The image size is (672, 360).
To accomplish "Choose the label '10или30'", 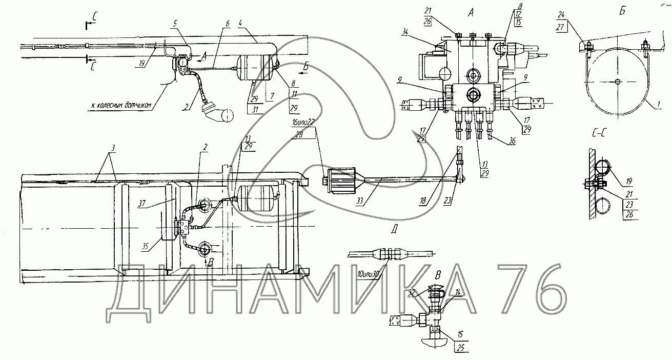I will [368, 274].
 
